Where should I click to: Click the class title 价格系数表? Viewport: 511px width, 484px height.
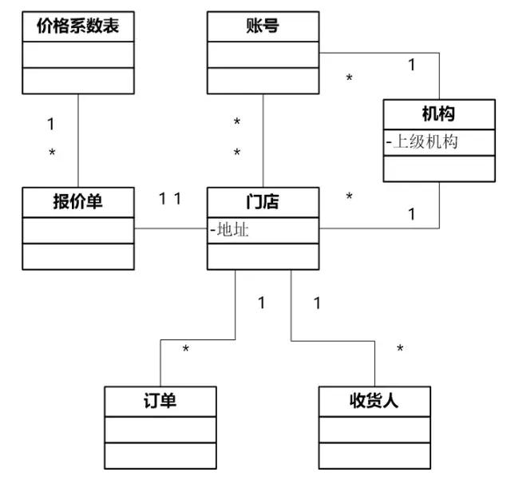[x=77, y=26]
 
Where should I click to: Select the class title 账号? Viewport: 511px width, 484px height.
[x=263, y=26]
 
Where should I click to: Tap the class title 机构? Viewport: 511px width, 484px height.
[x=438, y=114]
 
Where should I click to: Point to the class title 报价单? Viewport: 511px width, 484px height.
[x=77, y=201]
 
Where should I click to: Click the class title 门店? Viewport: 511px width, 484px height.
[x=263, y=201]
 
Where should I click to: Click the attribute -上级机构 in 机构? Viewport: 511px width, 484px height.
[x=423, y=142]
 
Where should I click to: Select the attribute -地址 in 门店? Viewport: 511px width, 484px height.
[x=232, y=230]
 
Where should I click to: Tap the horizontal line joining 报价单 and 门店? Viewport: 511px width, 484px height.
[x=171, y=229]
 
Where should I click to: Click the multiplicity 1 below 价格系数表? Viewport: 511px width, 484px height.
[x=50, y=125]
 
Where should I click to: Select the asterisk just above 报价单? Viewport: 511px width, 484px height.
[x=53, y=153]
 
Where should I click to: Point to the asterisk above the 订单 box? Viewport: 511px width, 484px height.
[x=185, y=351]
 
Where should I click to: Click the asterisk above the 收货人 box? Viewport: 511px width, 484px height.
[x=400, y=349]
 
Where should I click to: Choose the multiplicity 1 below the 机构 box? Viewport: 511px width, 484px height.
[x=412, y=213]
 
